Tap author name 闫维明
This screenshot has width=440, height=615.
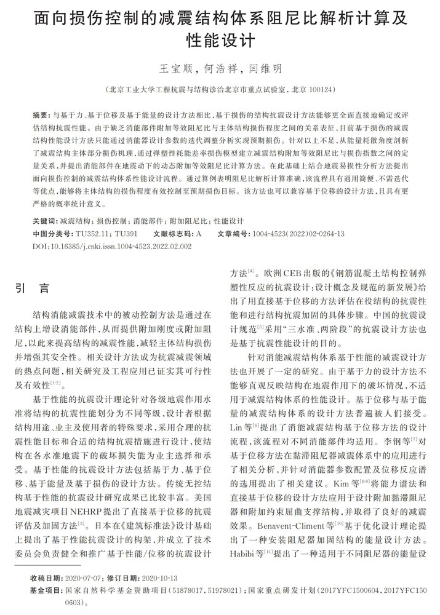click(265, 68)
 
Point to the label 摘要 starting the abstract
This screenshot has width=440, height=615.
click(41, 115)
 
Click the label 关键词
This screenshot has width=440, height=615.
click(44, 220)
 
